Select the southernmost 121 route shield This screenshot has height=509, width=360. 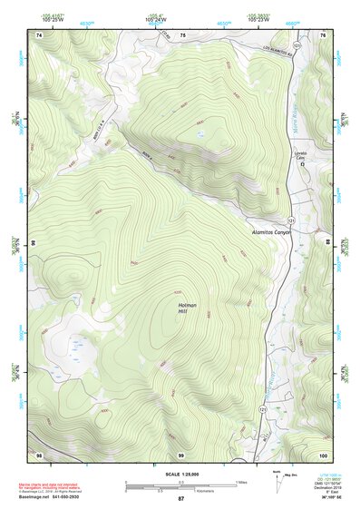pos(262,410)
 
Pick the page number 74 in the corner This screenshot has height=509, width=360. pos(39,35)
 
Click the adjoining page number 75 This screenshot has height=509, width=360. pos(181,35)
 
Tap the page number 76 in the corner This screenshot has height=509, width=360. pos(323,35)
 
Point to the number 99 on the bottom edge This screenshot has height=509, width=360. pos(180,454)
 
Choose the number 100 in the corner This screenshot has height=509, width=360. pos(322,454)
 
